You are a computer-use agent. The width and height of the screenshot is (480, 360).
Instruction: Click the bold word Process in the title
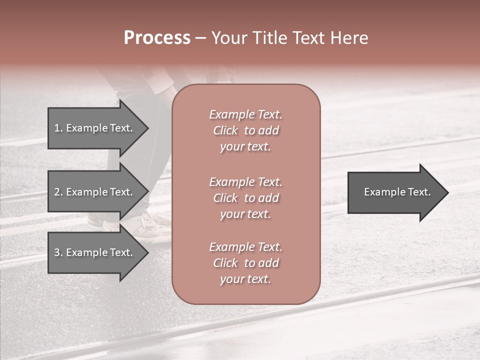click(x=157, y=38)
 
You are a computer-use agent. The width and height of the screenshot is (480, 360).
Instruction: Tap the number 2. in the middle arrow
click(x=58, y=192)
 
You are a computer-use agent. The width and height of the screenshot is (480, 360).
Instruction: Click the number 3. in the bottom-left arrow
click(x=58, y=252)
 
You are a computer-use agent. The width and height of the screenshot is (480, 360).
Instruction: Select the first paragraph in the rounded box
click(x=245, y=130)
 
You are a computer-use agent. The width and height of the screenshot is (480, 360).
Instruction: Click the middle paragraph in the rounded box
click(x=245, y=198)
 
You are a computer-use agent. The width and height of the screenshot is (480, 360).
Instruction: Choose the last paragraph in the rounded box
click(x=245, y=263)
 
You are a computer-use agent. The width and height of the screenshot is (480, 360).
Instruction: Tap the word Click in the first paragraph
click(x=225, y=130)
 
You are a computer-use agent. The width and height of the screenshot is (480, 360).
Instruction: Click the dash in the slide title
click(x=200, y=38)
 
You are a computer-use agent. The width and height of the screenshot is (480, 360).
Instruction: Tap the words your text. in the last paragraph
click(x=245, y=279)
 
